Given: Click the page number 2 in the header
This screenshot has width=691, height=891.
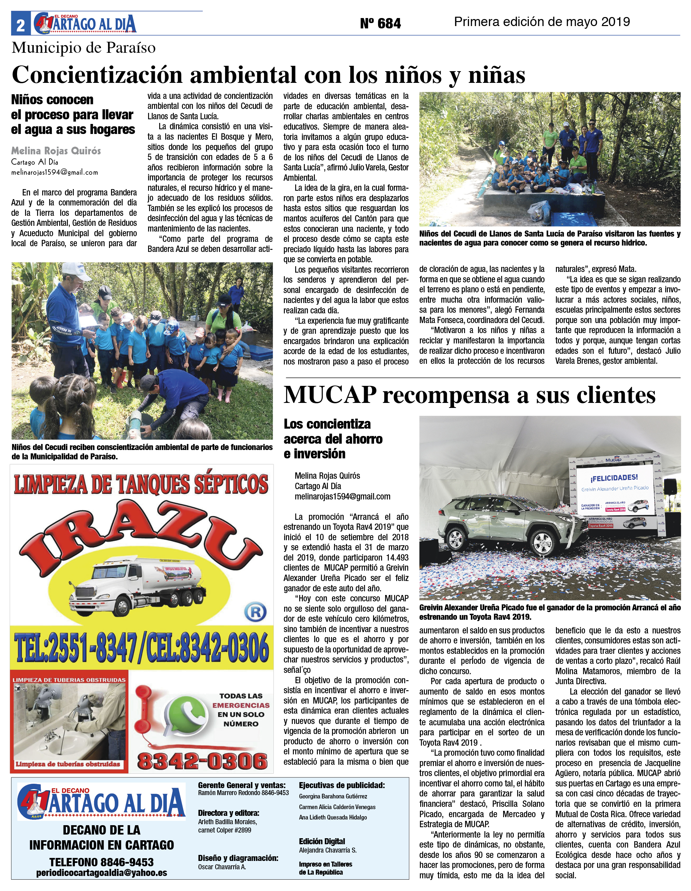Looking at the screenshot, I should click(x=20, y=26).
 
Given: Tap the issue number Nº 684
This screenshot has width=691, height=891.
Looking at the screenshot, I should click(x=380, y=24).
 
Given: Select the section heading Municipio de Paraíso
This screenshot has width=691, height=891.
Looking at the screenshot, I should click(x=84, y=48).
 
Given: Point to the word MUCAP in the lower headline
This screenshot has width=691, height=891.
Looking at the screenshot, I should click(x=330, y=395).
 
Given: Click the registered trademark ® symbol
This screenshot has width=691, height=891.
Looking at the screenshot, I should click(x=255, y=612).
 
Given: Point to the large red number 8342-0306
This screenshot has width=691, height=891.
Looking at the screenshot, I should click(x=202, y=761).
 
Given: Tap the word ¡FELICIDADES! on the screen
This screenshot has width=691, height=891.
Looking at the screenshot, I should click(x=613, y=477).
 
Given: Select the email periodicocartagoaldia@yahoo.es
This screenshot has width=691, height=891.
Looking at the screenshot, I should click(x=101, y=873).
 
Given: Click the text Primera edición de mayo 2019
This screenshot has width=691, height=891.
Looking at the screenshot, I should click(x=542, y=22).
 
